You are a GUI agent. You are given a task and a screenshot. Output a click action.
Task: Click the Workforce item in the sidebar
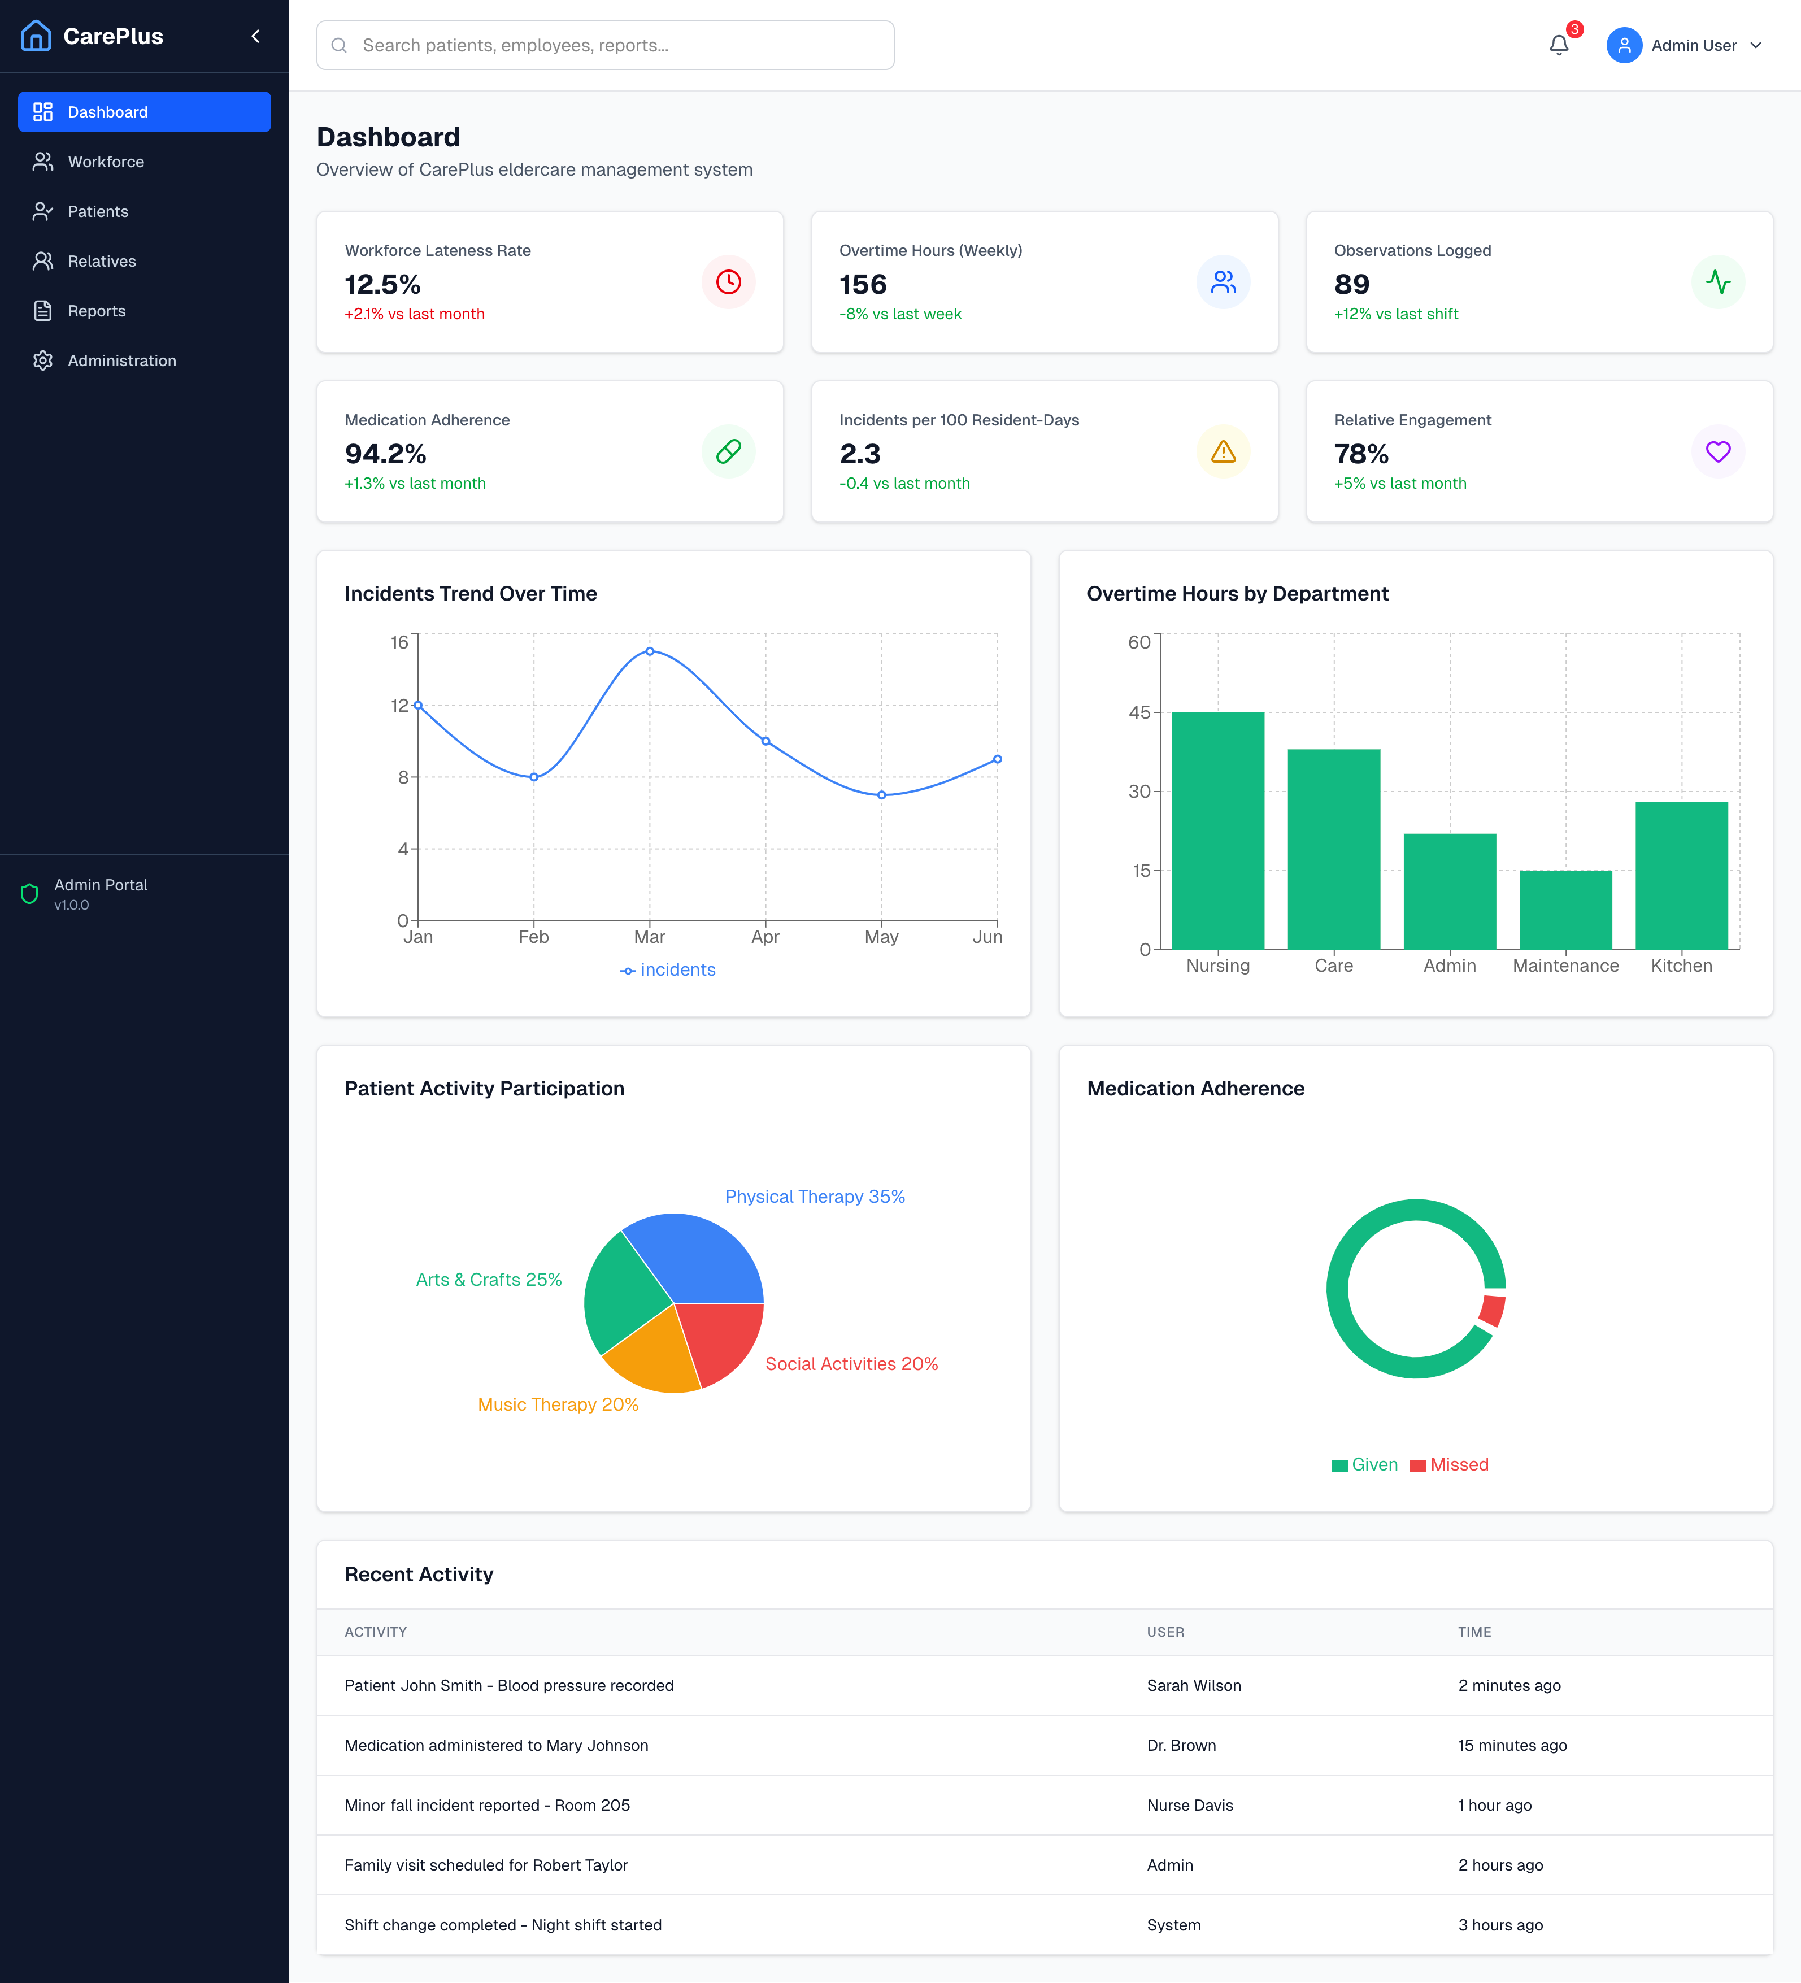click(x=105, y=162)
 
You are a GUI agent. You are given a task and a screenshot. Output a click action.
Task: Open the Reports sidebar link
click(x=97, y=311)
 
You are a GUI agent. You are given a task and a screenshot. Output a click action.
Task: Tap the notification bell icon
click(x=1558, y=45)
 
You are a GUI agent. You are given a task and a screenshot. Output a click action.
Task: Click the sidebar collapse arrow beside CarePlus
click(x=256, y=36)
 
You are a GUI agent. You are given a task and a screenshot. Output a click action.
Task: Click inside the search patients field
click(x=605, y=45)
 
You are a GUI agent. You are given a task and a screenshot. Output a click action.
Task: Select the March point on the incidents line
click(x=649, y=651)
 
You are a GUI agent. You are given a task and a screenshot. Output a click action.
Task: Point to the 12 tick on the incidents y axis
click(x=399, y=705)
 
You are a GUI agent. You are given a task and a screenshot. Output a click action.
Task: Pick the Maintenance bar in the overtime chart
click(x=1565, y=909)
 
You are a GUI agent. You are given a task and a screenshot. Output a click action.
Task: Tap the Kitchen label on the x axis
click(x=1681, y=966)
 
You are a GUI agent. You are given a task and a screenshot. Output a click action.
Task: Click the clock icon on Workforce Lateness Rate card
click(x=728, y=282)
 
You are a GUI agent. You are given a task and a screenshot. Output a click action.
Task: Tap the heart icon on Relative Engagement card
click(x=1717, y=451)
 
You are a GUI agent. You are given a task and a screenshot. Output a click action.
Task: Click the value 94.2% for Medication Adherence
click(x=385, y=454)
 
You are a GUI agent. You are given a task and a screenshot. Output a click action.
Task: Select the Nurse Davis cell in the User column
click(x=1189, y=1805)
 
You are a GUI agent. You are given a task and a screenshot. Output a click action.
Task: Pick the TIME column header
click(x=1473, y=1632)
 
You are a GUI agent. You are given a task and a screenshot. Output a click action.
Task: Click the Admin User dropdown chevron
click(x=1756, y=45)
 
